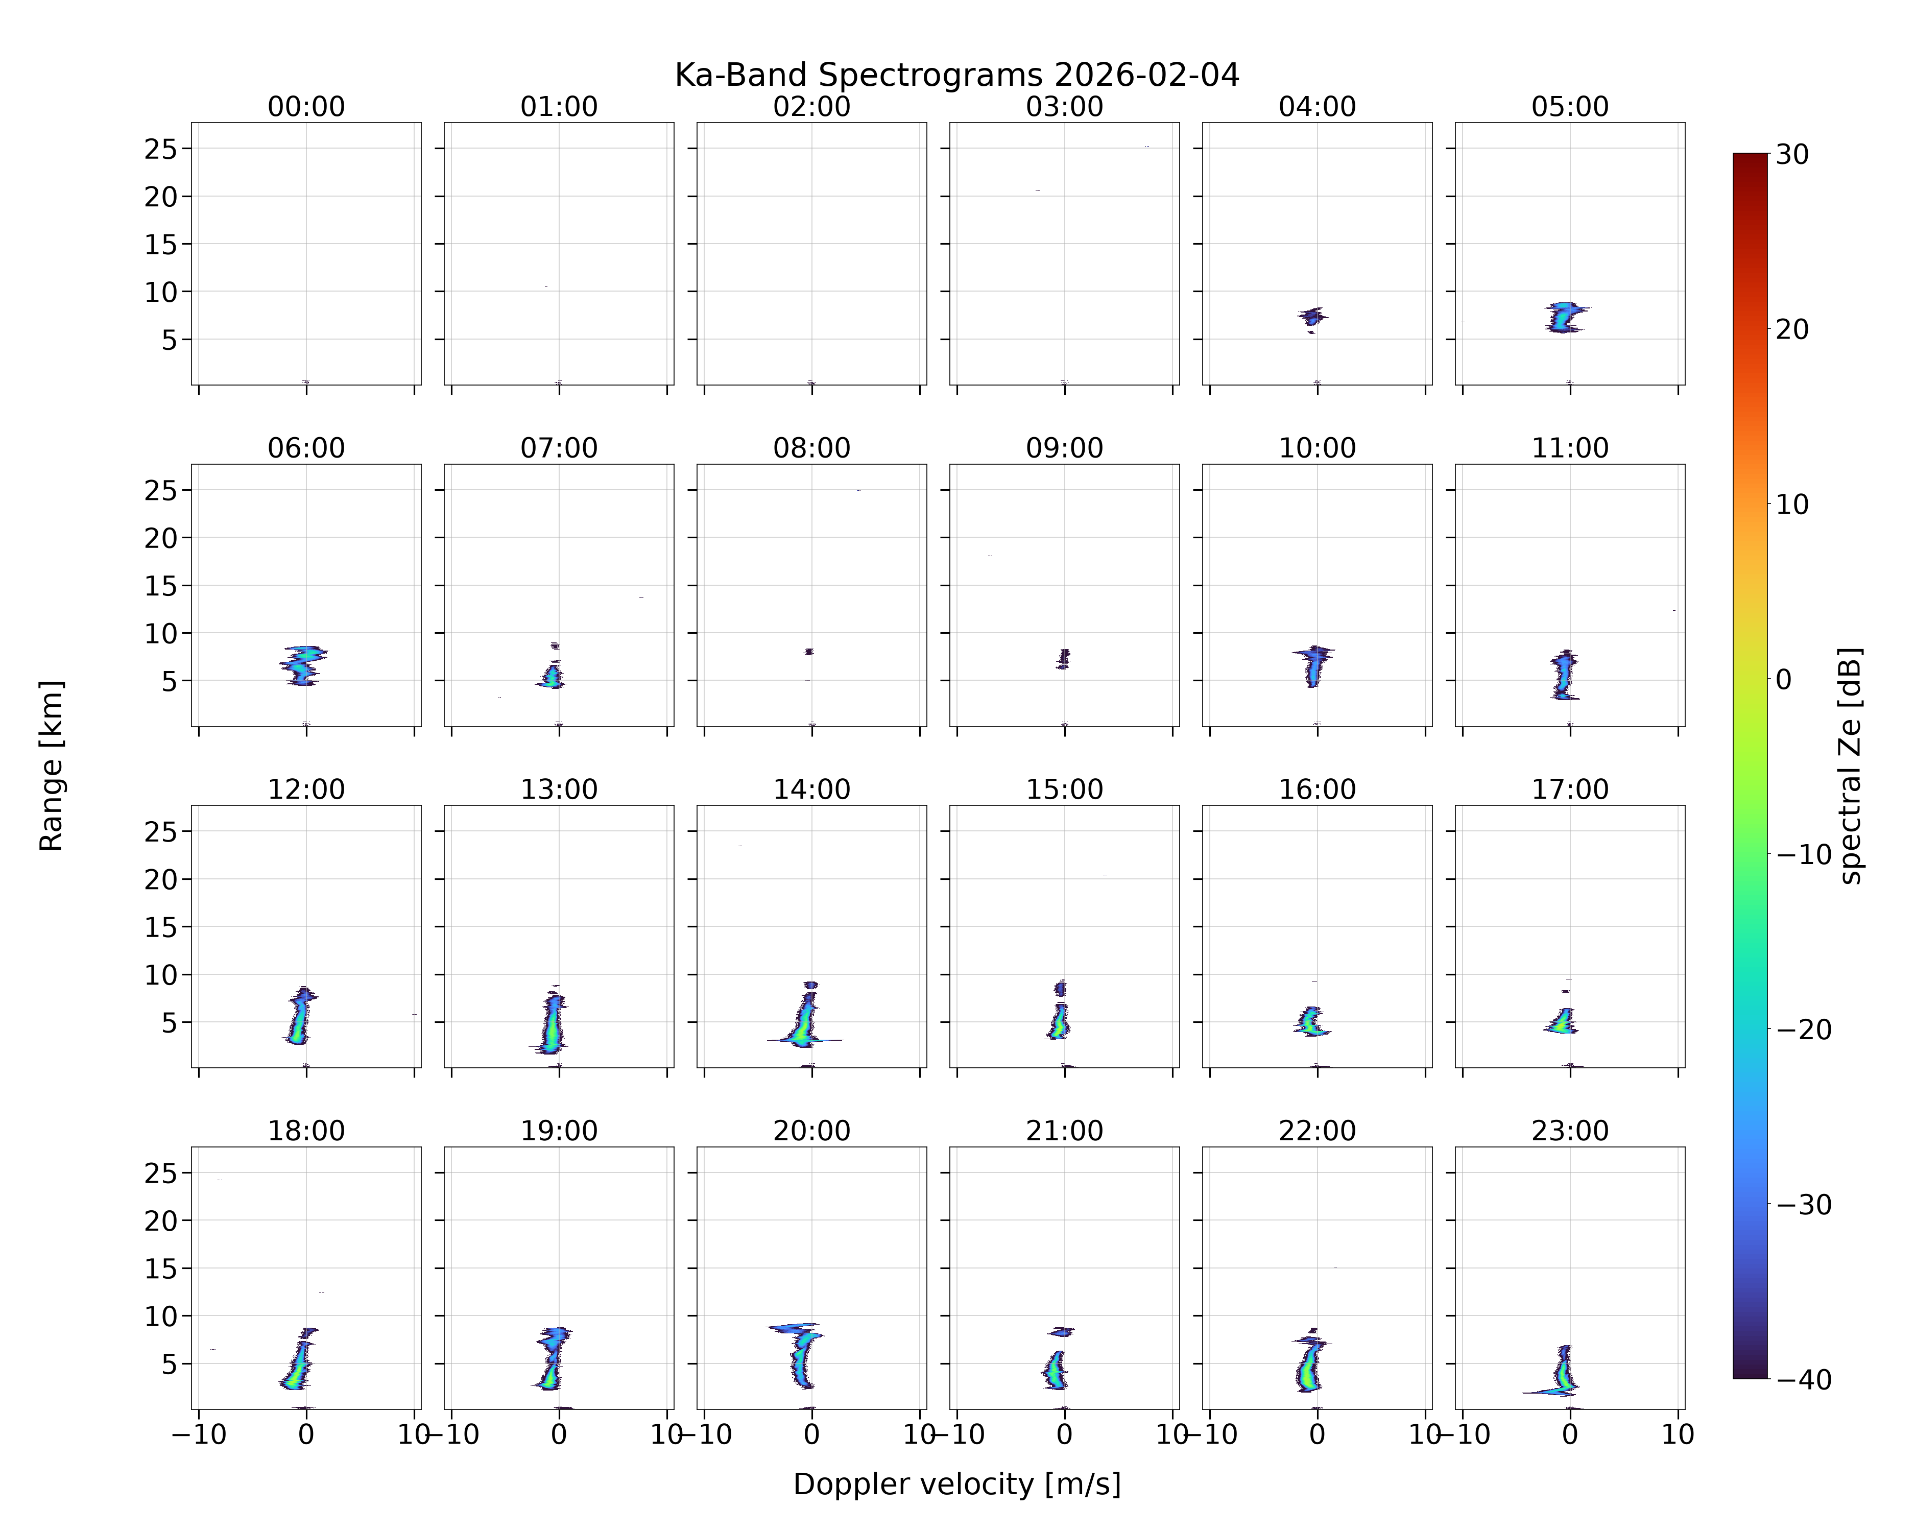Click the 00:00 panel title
(x=306, y=107)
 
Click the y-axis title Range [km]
(x=52, y=765)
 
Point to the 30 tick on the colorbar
(x=1792, y=155)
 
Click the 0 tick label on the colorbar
(x=1784, y=679)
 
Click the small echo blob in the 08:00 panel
(x=808, y=652)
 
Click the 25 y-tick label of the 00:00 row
(x=162, y=149)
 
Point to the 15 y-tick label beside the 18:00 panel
(x=162, y=1268)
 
